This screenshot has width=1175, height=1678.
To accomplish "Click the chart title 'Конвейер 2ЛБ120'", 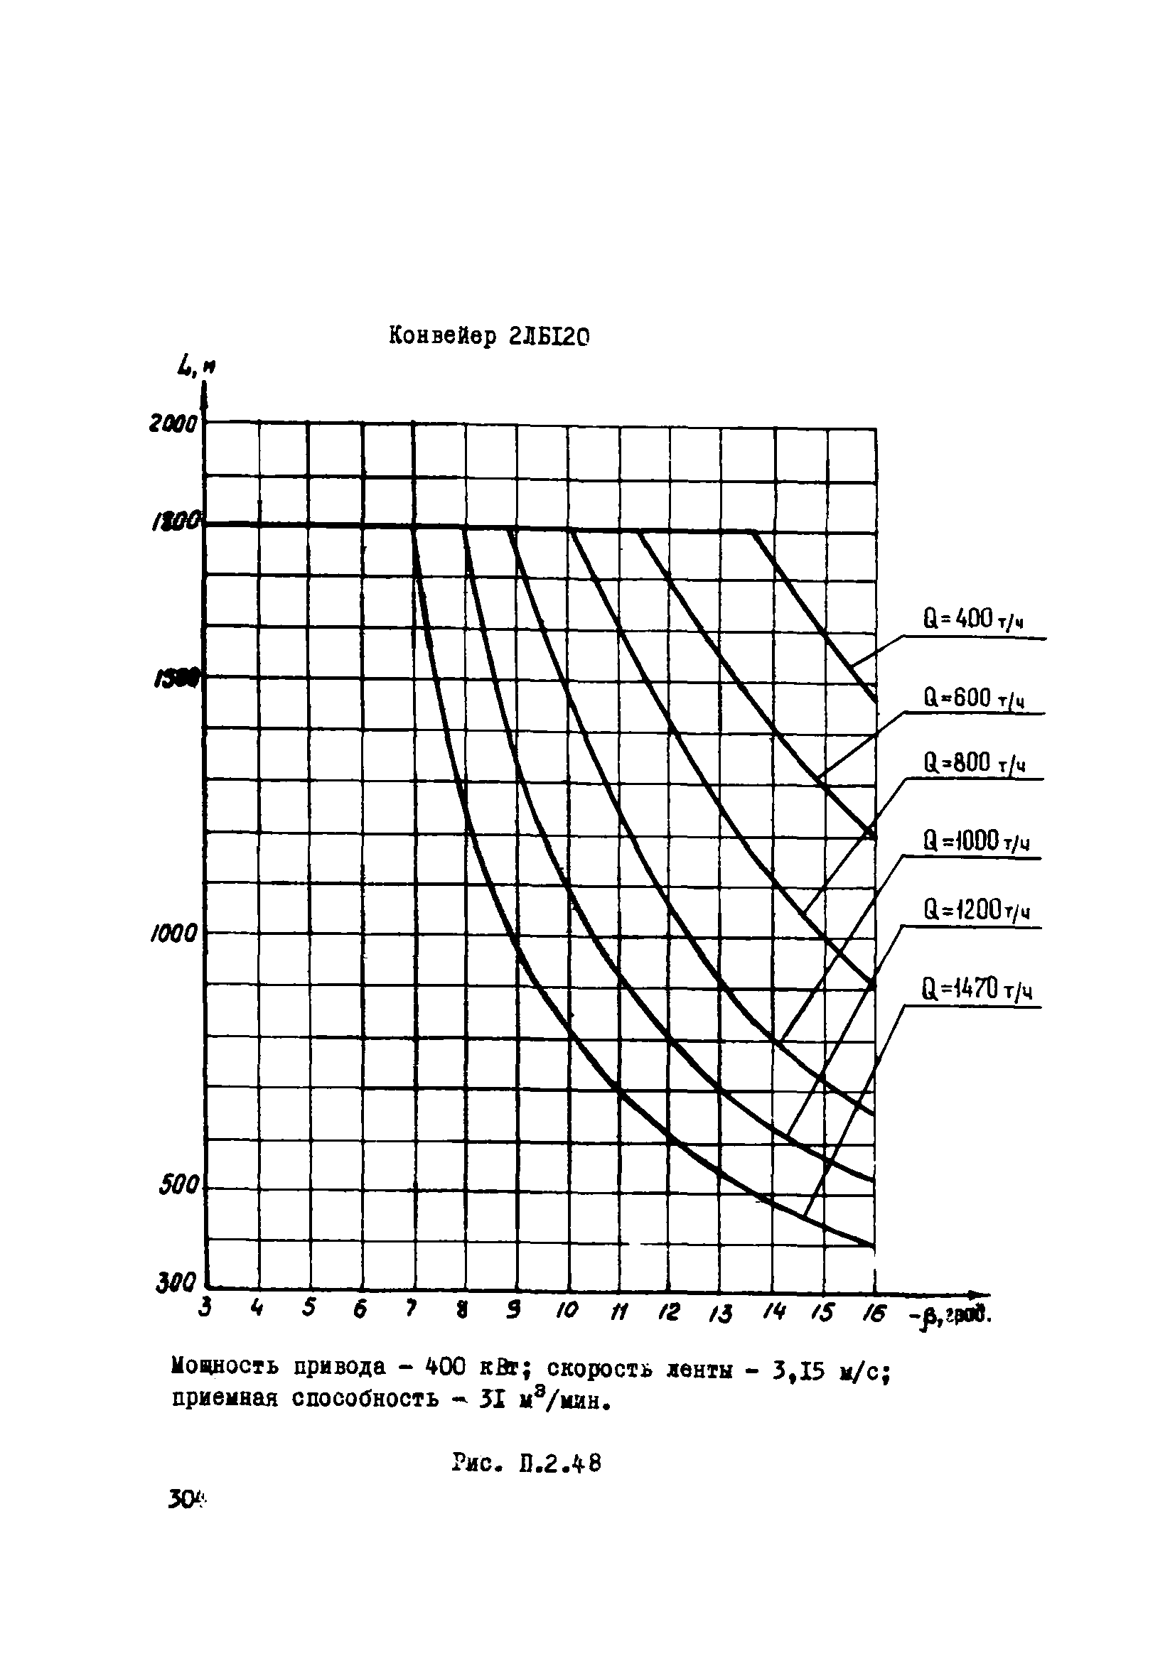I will (x=488, y=335).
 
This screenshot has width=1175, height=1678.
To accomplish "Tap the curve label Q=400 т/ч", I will (x=972, y=619).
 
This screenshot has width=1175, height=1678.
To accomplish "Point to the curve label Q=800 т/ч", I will (x=973, y=764).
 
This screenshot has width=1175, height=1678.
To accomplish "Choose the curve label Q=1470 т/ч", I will (x=977, y=990).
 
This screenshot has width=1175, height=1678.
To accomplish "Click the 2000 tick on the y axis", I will (x=174, y=423).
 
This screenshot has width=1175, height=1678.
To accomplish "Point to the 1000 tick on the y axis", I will (x=174, y=933).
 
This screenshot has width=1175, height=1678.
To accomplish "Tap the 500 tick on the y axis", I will (x=179, y=1186).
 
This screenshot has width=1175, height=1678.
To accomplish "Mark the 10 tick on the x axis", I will (x=567, y=1311).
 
